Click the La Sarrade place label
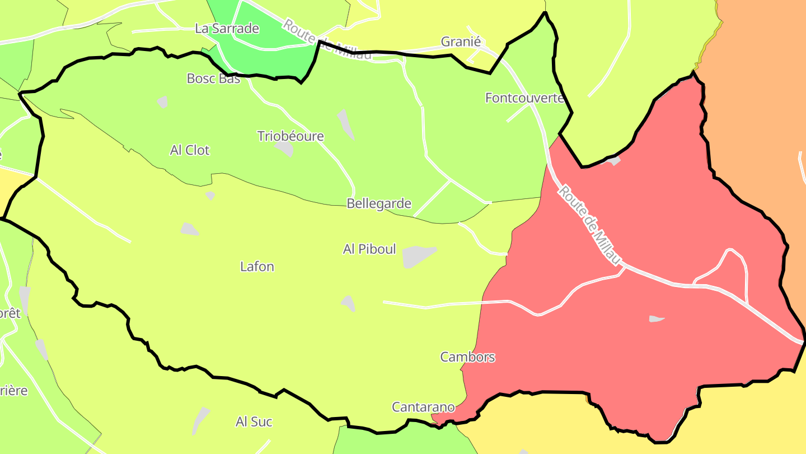(x=227, y=29)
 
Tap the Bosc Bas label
(x=213, y=78)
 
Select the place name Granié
(x=461, y=41)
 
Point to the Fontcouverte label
(x=524, y=98)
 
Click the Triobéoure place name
(x=290, y=136)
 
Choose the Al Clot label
(x=190, y=150)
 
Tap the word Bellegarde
(x=379, y=203)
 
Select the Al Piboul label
(x=369, y=249)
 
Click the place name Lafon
(x=257, y=266)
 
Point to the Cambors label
(x=467, y=357)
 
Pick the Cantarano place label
(x=423, y=407)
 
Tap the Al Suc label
(x=254, y=421)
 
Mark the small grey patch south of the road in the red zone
(x=656, y=319)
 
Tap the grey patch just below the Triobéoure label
(x=285, y=149)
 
